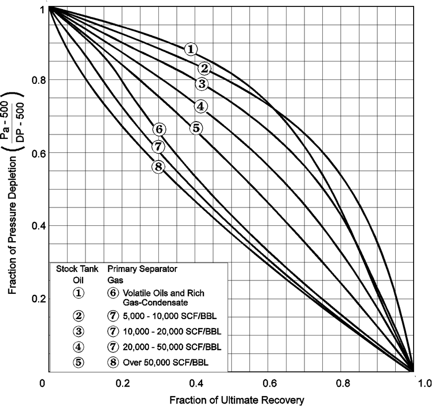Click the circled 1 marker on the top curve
tap(191, 49)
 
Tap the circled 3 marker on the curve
tap(201, 84)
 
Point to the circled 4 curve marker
tap(200, 106)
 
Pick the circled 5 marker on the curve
tap(196, 128)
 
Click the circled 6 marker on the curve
tap(158, 130)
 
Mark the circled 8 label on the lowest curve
tap(158, 167)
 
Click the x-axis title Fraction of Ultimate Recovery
tap(236, 399)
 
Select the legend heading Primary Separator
tap(143, 269)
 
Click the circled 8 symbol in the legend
tap(112, 362)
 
